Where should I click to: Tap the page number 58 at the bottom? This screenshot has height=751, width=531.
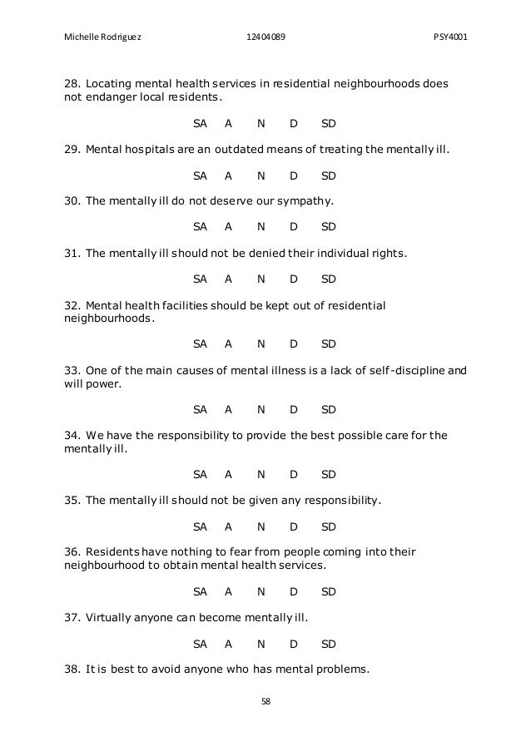265,701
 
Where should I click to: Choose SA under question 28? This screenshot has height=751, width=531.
200,124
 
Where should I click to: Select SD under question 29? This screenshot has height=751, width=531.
329,175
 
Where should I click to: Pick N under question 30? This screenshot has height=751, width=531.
261,226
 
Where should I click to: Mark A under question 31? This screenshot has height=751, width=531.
228,278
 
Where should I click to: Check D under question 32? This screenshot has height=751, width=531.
293,343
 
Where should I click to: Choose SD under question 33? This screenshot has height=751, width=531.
329,409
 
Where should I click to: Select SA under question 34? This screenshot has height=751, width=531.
200,475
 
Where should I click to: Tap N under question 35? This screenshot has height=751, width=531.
261,526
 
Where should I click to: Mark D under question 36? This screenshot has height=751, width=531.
293,591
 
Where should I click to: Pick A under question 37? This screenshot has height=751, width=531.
228,644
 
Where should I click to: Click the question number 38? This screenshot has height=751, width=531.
72,670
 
